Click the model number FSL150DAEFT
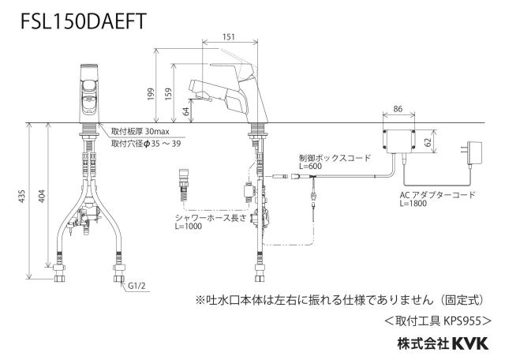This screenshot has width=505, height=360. (84, 21)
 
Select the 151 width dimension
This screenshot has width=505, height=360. (229, 37)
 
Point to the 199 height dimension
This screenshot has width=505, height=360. (151, 94)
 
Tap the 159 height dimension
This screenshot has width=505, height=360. (168, 94)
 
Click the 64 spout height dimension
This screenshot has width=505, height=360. (186, 111)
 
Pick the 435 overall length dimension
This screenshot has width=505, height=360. (21, 197)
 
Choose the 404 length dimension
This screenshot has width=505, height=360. (42, 197)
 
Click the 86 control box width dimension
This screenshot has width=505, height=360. (398, 109)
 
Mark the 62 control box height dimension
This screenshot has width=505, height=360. (428, 142)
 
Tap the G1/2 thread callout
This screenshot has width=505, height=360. (137, 286)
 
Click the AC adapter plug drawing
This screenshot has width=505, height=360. (472, 154)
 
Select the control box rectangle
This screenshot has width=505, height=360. (398, 141)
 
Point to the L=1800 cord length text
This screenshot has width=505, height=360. (413, 204)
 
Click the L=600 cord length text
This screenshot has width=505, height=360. (310, 167)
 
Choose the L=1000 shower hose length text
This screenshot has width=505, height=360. (189, 227)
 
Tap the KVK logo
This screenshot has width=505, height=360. (470, 343)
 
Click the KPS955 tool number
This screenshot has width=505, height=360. (462, 321)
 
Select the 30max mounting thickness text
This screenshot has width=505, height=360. (157, 132)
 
